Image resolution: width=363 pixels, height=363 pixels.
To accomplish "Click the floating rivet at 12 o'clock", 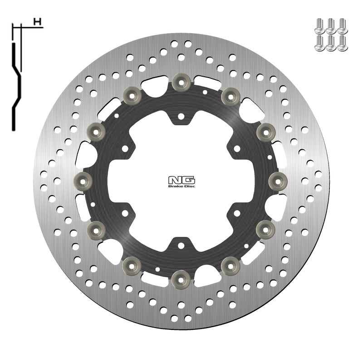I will (181, 82).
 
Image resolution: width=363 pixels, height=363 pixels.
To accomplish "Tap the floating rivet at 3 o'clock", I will (278, 181).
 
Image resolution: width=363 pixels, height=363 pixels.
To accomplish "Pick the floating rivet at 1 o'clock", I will (230, 95).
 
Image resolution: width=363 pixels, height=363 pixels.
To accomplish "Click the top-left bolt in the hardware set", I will (319, 24).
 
